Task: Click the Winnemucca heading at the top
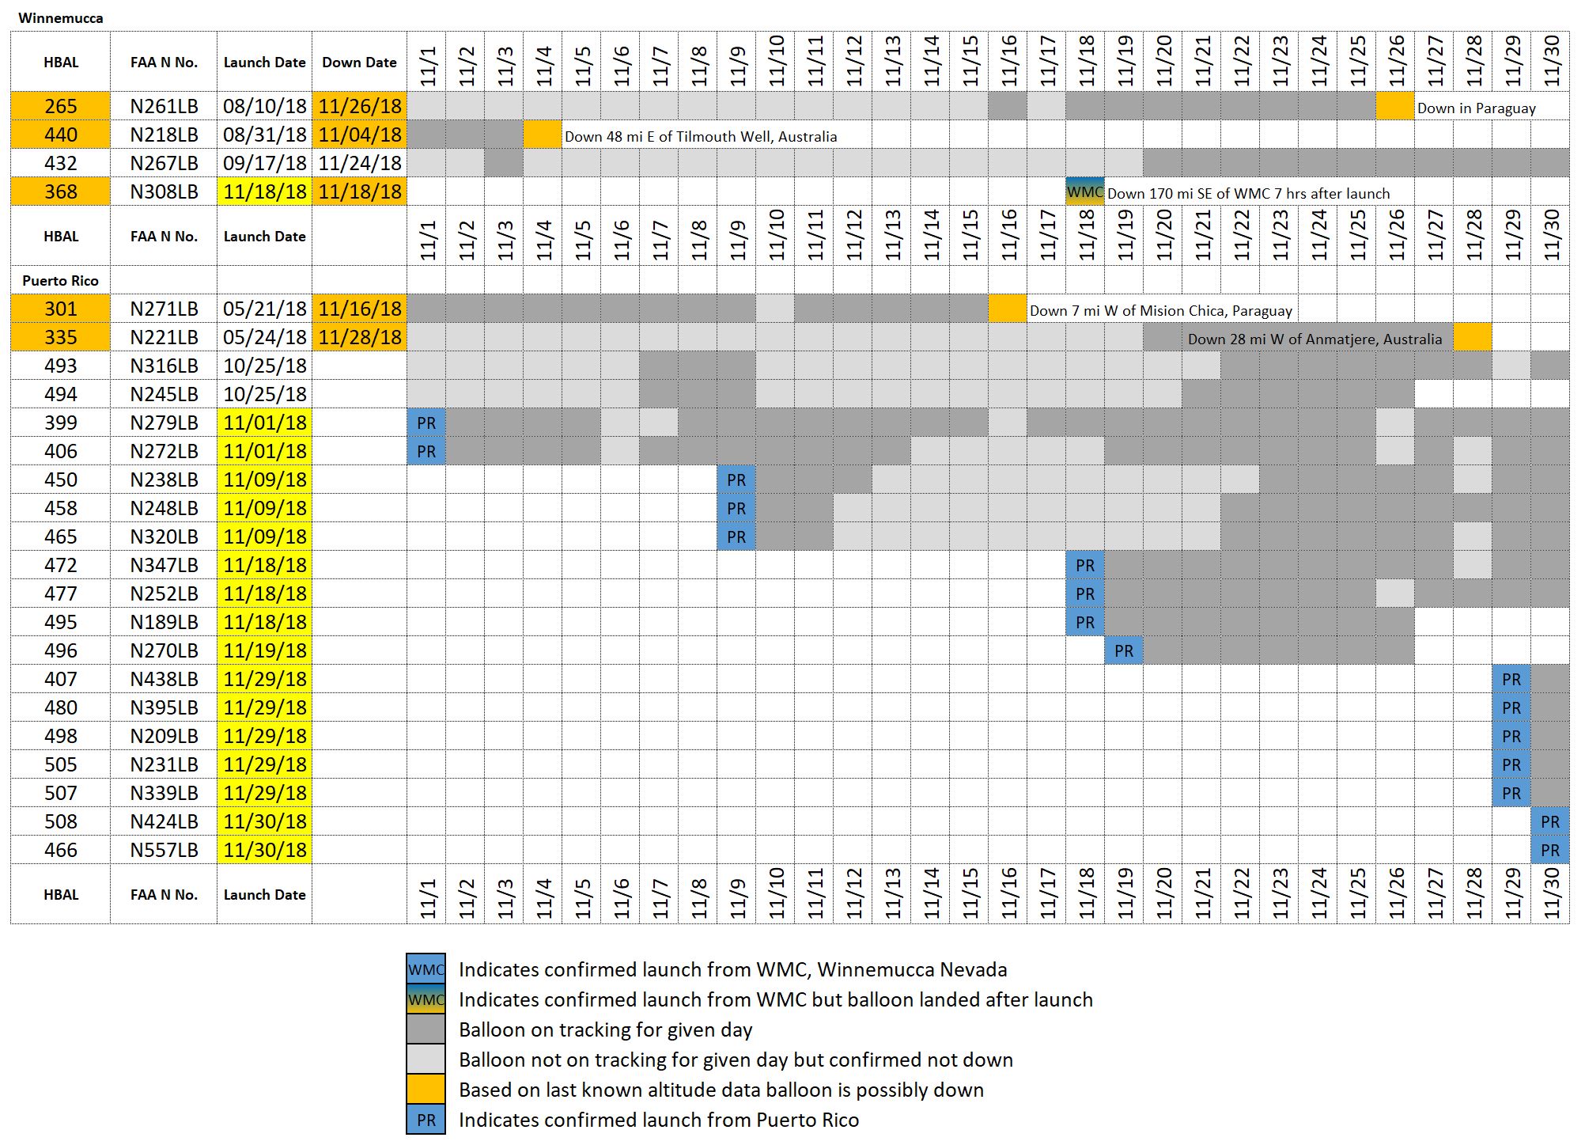[x=61, y=18]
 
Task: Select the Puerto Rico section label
[x=61, y=281]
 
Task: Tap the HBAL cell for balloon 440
[x=61, y=135]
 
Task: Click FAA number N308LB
[x=164, y=192]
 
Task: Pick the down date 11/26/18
[x=360, y=107]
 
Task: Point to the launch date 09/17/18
[x=264, y=164]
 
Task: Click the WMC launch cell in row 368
[x=1085, y=192]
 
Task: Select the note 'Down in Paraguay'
[x=1476, y=108]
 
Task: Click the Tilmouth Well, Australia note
[x=701, y=137]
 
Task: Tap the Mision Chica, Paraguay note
[x=1160, y=311]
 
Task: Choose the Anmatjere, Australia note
[x=1315, y=339]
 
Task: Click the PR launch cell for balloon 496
[x=1124, y=651]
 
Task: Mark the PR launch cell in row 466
[x=1550, y=851]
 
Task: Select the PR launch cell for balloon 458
[x=736, y=509]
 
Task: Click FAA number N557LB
[x=164, y=851]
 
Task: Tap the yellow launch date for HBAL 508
[x=264, y=822]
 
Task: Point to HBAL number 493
[x=61, y=366]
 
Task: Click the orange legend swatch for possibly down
[x=426, y=1090]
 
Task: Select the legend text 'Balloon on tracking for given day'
[x=605, y=1030]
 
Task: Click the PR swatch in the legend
[x=426, y=1120]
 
